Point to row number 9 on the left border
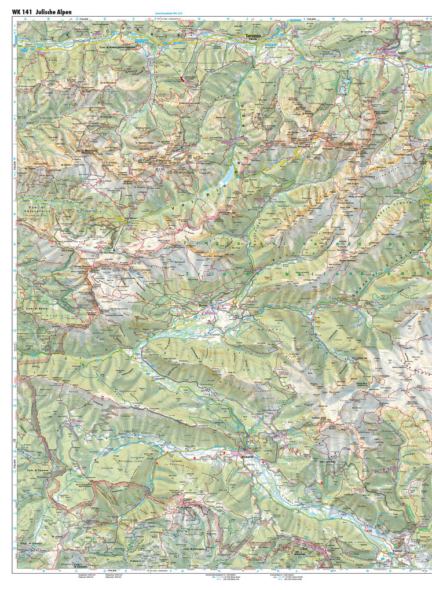[14, 245]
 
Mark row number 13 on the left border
[14, 359]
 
